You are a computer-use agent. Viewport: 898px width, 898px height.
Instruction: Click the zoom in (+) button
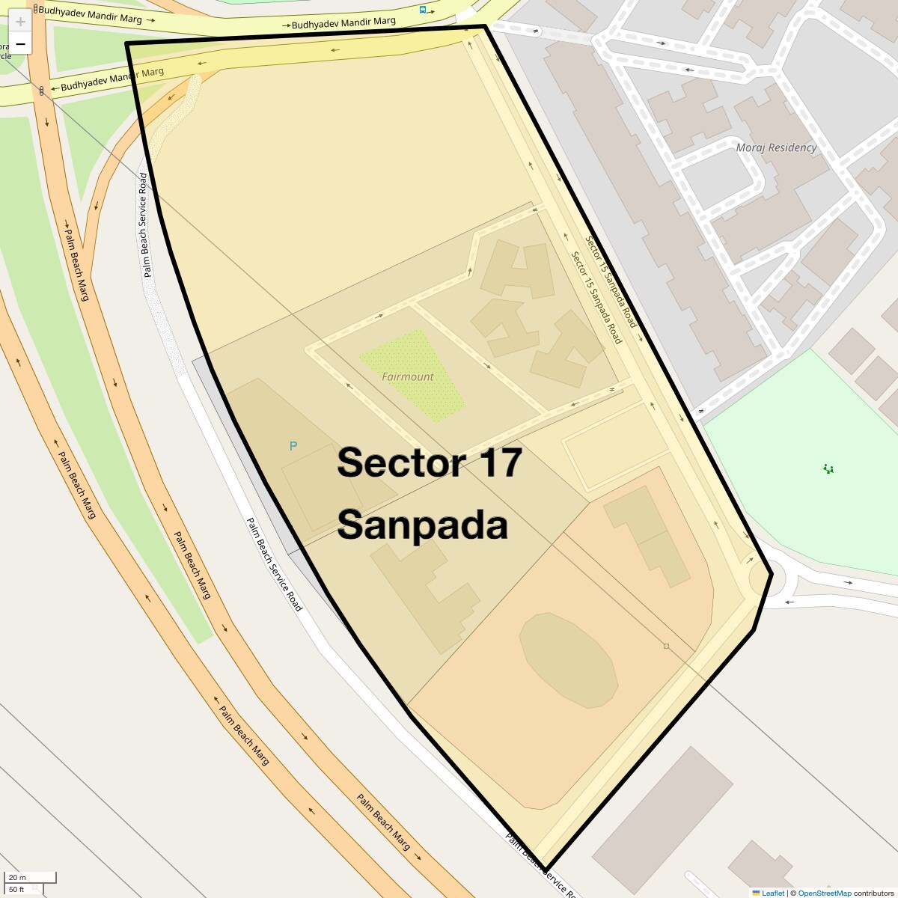tap(20, 22)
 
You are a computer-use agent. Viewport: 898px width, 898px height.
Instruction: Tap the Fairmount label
tap(408, 377)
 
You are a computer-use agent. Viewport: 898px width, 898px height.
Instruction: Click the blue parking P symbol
tap(293, 446)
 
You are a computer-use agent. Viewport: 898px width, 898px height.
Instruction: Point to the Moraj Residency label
tap(776, 147)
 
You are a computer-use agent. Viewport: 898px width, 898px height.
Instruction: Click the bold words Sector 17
tap(429, 462)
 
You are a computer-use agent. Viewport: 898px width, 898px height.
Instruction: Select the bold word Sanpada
tap(422, 525)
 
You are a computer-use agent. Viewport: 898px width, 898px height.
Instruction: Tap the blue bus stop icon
tap(423, 10)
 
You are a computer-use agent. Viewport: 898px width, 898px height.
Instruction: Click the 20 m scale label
tap(18, 878)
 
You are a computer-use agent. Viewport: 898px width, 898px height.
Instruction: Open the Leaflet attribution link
tap(773, 893)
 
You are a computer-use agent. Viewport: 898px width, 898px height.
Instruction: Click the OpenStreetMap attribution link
tap(824, 893)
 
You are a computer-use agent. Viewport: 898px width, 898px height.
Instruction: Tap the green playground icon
tap(828, 469)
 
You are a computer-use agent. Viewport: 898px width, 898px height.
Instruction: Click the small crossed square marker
tap(666, 646)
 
